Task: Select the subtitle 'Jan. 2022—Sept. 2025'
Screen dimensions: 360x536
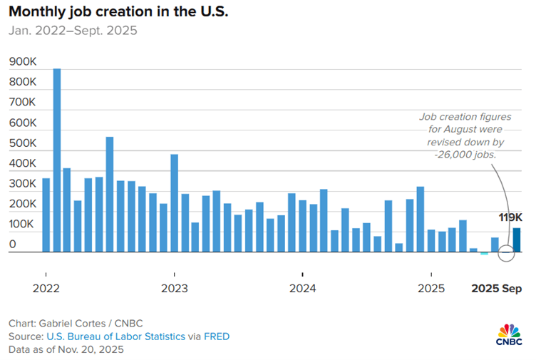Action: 73,31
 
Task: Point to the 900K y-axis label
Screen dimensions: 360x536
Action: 23,62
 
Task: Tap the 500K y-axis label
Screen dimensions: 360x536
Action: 23,143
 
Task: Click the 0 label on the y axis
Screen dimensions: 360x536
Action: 13,244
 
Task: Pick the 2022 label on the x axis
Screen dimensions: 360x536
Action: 46,289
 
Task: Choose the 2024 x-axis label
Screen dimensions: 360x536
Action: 302,289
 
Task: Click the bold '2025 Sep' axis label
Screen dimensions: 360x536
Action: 497,289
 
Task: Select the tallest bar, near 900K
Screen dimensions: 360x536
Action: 56,160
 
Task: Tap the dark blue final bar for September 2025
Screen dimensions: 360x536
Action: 516,240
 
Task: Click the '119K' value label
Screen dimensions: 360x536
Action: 510,217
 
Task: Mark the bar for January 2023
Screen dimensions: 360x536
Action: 174,203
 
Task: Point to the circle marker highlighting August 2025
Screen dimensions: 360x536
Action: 505,252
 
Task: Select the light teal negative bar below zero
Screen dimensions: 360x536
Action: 485,254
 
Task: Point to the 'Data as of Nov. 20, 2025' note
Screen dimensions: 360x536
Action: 66,349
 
